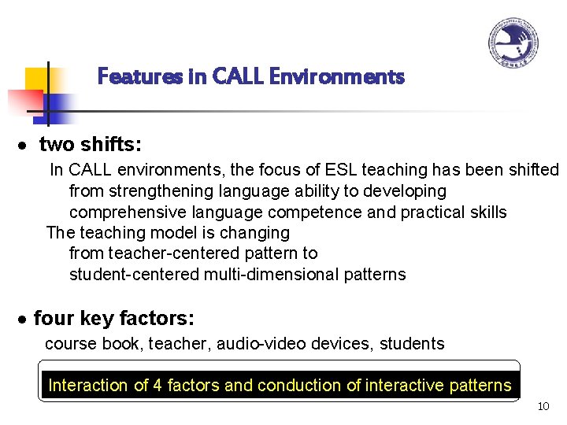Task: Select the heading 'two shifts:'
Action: click(x=91, y=145)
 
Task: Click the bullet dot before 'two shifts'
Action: click(x=26, y=146)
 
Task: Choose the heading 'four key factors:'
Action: click(x=114, y=319)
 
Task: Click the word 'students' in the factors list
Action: click(x=412, y=344)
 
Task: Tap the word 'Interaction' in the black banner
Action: click(x=87, y=386)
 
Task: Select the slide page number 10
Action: click(x=543, y=407)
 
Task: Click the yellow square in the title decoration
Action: click(x=37, y=80)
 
